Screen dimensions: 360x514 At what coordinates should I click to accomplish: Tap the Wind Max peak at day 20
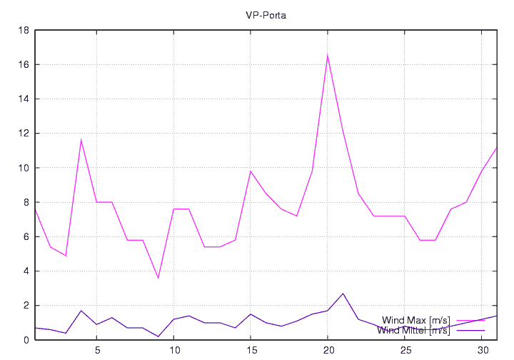(x=328, y=55)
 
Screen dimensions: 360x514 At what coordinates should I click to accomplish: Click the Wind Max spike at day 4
(x=81, y=140)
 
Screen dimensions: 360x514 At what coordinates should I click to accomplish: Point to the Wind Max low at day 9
(x=158, y=278)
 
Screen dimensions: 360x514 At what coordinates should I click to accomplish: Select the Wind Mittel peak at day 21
(x=343, y=294)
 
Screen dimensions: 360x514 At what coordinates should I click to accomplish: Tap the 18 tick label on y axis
(x=24, y=31)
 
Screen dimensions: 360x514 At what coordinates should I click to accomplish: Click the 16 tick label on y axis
(x=24, y=65)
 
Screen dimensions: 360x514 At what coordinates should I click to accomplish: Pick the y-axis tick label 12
(x=24, y=134)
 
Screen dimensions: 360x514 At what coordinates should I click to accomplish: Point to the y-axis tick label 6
(x=26, y=237)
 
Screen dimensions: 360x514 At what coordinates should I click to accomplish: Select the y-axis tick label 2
(x=26, y=306)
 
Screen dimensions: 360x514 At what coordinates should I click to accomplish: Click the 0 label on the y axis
(x=26, y=340)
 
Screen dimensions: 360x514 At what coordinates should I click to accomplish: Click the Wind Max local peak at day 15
(x=251, y=171)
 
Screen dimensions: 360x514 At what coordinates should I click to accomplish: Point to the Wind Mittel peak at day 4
(x=81, y=311)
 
